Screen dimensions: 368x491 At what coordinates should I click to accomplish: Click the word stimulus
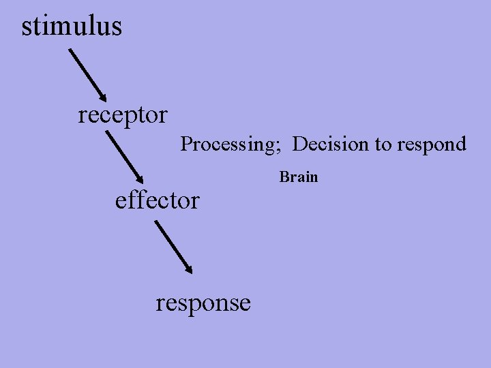72,27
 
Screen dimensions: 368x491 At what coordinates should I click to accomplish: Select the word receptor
122,114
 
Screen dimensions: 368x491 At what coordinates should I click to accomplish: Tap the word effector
158,200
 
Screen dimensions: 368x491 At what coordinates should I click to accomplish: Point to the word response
203,302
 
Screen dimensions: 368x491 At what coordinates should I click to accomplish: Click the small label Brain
299,177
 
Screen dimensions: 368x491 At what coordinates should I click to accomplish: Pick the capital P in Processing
185,144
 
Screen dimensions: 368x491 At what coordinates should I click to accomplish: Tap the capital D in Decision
299,144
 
